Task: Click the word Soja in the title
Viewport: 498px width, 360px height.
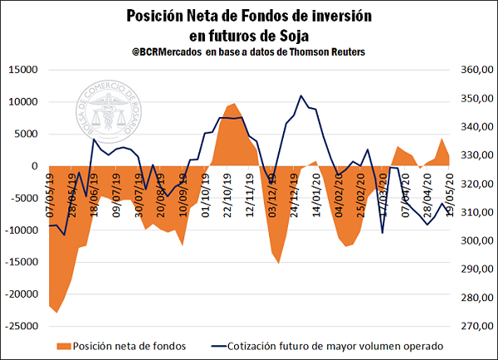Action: [x=289, y=35]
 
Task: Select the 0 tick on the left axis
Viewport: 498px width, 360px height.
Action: [x=35, y=166]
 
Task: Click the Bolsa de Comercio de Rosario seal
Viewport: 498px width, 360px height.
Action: [x=113, y=114]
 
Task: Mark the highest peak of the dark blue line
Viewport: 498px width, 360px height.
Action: [x=301, y=95]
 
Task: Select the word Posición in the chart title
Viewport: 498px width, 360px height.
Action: [x=155, y=16]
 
